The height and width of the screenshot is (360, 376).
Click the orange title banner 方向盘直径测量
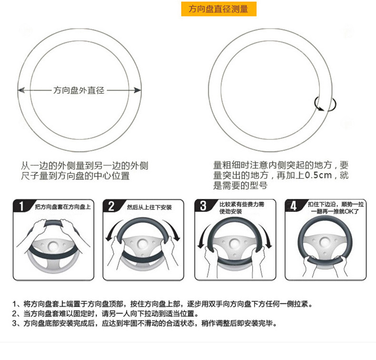tap(218, 9)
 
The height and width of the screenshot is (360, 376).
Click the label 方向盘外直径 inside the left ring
tap(79, 90)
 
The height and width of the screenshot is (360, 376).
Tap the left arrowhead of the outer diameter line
tap(20, 90)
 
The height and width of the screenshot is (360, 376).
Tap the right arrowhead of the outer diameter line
tap(138, 90)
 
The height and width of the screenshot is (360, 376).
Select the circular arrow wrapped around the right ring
tap(326, 104)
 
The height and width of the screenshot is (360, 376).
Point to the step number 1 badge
tap(20, 206)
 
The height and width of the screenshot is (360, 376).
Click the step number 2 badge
tap(111, 206)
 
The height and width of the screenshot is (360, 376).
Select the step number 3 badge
tap(203, 206)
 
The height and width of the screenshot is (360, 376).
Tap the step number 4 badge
tap(293, 206)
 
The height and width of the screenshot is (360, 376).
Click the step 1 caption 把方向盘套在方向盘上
tap(62, 207)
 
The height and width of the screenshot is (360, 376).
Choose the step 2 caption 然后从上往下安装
tap(149, 207)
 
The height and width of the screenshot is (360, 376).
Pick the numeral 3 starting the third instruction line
tap(15, 323)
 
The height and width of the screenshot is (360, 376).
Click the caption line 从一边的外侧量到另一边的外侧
tap(85, 166)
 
